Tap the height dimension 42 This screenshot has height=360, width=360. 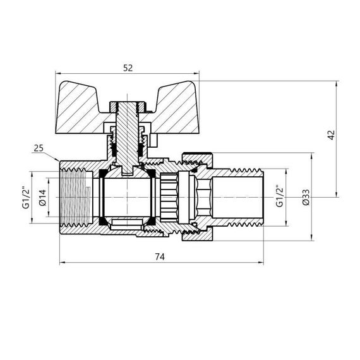330,136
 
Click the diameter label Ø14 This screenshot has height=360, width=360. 43,197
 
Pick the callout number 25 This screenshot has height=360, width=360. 39,149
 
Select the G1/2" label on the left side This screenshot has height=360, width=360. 27,197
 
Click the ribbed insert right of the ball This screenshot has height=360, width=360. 170,196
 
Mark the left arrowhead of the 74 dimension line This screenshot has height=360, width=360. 61,262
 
